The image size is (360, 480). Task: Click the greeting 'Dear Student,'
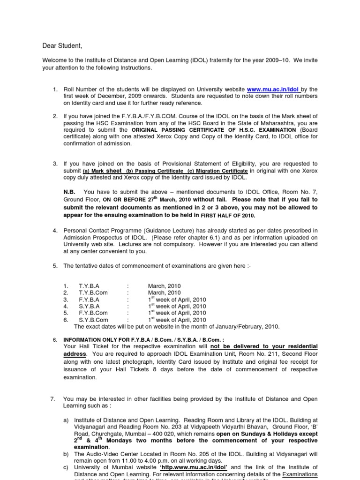(x=62, y=45)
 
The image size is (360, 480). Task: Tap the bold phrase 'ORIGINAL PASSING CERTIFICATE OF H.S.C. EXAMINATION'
(x=214, y=130)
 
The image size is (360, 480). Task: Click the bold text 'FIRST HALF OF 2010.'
(x=228, y=216)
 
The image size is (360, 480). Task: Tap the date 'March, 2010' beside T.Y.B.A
(x=164, y=286)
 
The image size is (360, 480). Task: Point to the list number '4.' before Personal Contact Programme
(x=55, y=231)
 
